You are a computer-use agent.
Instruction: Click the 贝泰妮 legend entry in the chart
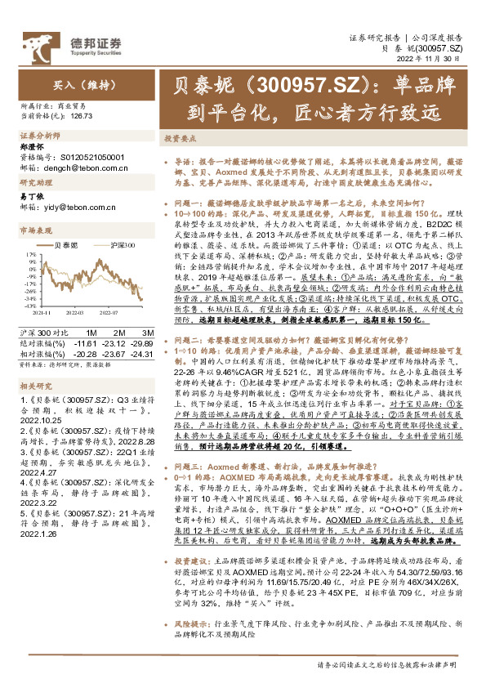click(x=66, y=243)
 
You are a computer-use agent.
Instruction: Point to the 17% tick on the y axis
click(x=30, y=254)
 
